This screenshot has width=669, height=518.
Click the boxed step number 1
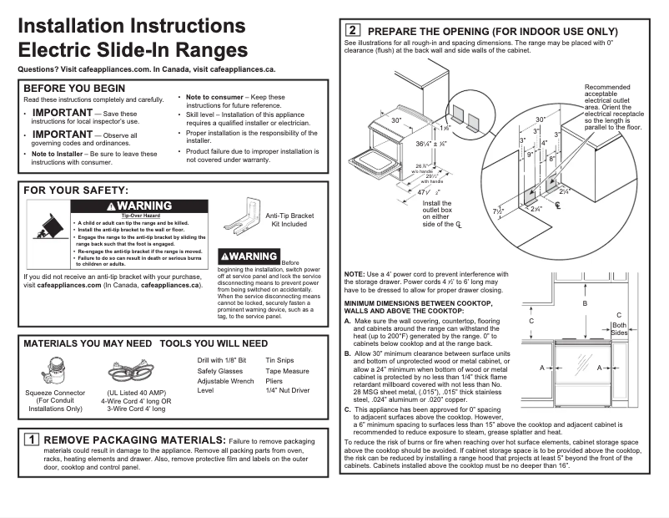point(31,439)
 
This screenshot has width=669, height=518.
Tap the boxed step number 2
point(354,31)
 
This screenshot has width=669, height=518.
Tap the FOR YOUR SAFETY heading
point(76,191)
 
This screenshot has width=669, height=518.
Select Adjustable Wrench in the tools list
point(225,380)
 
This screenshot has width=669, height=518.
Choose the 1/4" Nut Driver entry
point(288,390)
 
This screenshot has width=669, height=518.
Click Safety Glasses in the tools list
point(220,370)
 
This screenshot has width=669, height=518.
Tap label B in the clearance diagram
point(585,304)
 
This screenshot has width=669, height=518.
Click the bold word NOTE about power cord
point(354,276)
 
